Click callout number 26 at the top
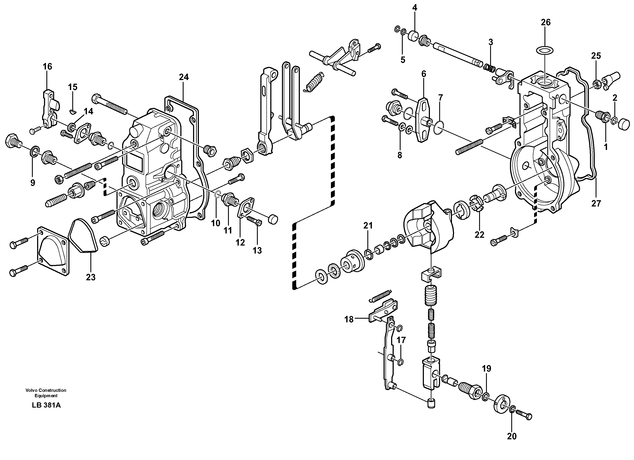coord(545,22)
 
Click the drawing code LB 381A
coord(46,405)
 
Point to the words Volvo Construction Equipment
coord(46,393)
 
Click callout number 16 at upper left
coord(47,66)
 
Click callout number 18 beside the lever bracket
coord(349,319)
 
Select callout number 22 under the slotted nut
coord(479,234)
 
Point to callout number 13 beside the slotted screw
coord(257,250)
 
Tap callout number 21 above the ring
coord(368,225)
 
